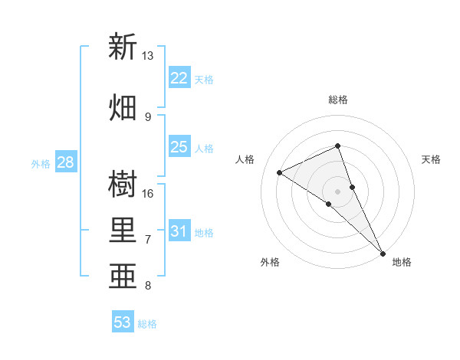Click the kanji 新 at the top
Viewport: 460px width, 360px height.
click(x=123, y=47)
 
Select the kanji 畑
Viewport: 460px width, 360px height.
click(x=123, y=107)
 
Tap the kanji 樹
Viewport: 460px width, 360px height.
click(x=123, y=185)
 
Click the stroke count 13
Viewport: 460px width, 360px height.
click(x=148, y=56)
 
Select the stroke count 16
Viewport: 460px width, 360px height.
click(x=148, y=193)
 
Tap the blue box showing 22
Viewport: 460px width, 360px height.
click(x=179, y=78)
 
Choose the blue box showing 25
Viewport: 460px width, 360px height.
click(x=179, y=147)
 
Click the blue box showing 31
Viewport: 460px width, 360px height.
click(x=179, y=231)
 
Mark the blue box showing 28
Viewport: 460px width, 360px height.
click(x=65, y=162)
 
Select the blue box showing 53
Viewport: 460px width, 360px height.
click(x=123, y=322)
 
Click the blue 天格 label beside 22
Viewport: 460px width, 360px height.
click(x=204, y=80)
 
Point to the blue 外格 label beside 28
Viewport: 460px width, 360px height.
click(x=41, y=164)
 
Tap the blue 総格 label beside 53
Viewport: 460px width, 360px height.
click(x=147, y=324)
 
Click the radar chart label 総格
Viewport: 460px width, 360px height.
click(x=338, y=100)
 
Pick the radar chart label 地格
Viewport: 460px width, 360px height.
click(x=402, y=263)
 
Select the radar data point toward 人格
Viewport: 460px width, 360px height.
click(x=280, y=172)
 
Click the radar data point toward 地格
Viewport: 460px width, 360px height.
click(x=383, y=252)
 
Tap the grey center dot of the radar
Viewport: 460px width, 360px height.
click(x=337, y=191)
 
